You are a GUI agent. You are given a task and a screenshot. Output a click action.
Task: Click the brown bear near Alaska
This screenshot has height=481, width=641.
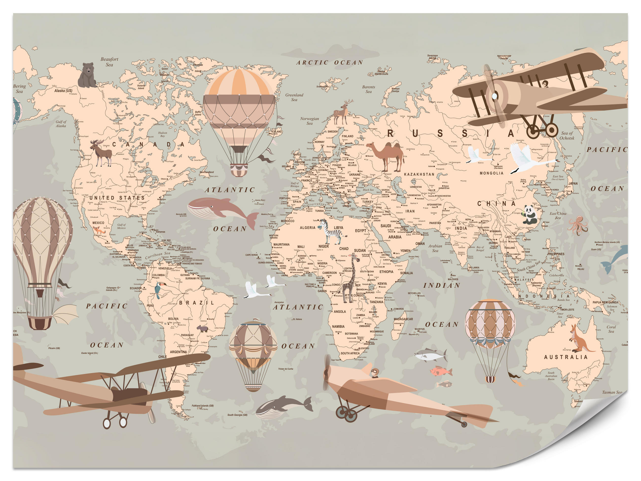(x=87, y=75)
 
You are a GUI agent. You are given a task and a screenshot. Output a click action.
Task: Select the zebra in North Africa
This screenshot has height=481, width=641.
(x=330, y=231)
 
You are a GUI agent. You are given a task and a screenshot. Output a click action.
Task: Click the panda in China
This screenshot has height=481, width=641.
(x=530, y=215)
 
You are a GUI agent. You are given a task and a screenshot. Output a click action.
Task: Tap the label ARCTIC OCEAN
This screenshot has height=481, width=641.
(x=329, y=63)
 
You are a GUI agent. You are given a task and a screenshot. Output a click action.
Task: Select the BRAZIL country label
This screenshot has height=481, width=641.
(x=197, y=303)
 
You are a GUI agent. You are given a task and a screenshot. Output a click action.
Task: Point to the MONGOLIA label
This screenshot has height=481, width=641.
(x=491, y=173)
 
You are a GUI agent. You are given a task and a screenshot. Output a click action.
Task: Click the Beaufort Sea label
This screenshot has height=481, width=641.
(x=109, y=62)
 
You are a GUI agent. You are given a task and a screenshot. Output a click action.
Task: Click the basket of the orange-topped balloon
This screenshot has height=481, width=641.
(x=239, y=170)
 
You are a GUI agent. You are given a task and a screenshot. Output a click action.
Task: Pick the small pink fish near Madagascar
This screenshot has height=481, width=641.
(x=441, y=371)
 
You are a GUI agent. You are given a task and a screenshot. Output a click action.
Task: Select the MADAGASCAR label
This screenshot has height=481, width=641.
(x=403, y=319)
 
